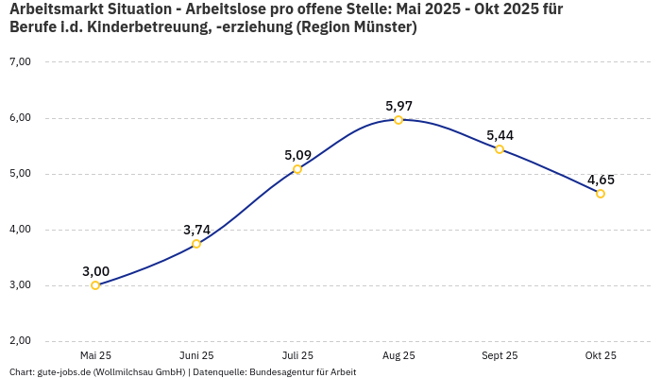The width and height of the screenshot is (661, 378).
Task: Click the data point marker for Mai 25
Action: click(x=95, y=285)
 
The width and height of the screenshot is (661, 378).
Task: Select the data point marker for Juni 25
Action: click(x=196, y=244)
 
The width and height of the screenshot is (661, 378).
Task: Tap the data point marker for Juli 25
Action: click(x=297, y=169)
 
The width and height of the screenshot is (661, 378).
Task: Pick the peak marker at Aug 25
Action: click(x=398, y=120)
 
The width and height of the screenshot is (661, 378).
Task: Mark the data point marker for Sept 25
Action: click(x=500, y=149)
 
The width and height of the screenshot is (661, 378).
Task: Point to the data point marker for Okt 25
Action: click(x=601, y=194)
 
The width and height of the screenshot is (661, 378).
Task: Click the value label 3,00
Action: click(x=95, y=271)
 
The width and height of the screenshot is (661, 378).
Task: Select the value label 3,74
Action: click(x=196, y=230)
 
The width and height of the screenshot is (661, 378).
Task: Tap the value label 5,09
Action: click(x=297, y=155)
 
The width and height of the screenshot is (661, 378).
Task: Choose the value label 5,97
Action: click(x=398, y=106)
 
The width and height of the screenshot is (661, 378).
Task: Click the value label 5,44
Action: click(x=500, y=135)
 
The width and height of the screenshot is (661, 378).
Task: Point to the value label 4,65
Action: click(x=601, y=180)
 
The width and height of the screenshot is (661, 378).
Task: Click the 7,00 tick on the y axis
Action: click(x=20, y=62)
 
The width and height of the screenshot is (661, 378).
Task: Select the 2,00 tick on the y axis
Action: click(x=20, y=341)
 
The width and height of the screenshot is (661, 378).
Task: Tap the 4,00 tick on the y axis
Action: click(x=20, y=230)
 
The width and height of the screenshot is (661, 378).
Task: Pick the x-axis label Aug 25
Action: click(x=398, y=356)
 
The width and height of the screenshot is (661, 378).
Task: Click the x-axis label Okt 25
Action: click(x=601, y=356)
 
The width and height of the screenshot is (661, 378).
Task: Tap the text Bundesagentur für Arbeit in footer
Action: click(x=302, y=372)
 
